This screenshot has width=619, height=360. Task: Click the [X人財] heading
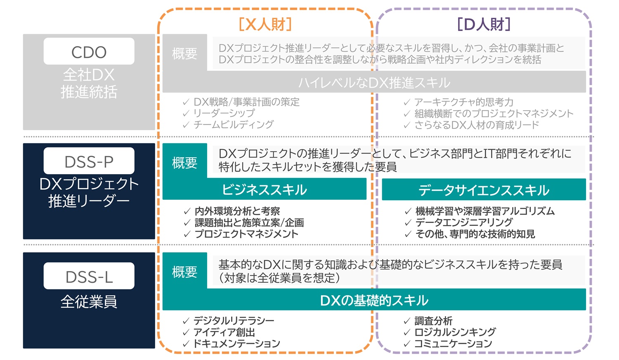coord(265,24)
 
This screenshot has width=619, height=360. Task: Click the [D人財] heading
coord(484,24)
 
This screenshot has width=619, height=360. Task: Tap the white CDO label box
coord(89,52)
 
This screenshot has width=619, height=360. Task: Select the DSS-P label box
coord(89,161)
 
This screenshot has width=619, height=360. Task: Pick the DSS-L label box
coord(89,276)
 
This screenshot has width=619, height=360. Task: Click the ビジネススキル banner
coord(265,189)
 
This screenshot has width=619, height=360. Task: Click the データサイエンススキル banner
coord(484,190)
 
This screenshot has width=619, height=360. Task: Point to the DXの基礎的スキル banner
coord(374,300)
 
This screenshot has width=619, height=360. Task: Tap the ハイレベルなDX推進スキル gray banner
coord(374,83)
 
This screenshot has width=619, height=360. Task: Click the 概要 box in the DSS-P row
coord(184,163)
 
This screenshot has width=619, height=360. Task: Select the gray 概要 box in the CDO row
coord(184,53)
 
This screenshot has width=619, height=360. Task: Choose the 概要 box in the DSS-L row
coord(184,272)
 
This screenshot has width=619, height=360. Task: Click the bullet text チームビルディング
coord(234,124)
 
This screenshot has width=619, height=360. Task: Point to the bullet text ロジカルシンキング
coord(455,332)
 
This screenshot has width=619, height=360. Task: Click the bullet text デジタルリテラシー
coord(234,321)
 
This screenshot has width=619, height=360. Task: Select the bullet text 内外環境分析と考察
coord(237,211)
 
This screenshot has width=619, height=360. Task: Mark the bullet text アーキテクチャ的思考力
coord(464,102)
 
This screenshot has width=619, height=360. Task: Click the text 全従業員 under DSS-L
coord(89,302)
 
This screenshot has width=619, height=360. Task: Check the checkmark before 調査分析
coord(407,321)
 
